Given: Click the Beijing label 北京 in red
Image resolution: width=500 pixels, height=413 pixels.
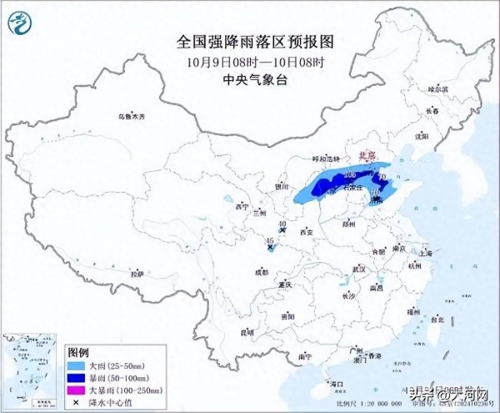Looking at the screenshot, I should pos(367,156).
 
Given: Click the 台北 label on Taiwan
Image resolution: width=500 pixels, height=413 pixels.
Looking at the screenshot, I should pos(437,319).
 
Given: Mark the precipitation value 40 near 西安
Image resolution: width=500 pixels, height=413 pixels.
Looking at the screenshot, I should pos(282,224).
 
